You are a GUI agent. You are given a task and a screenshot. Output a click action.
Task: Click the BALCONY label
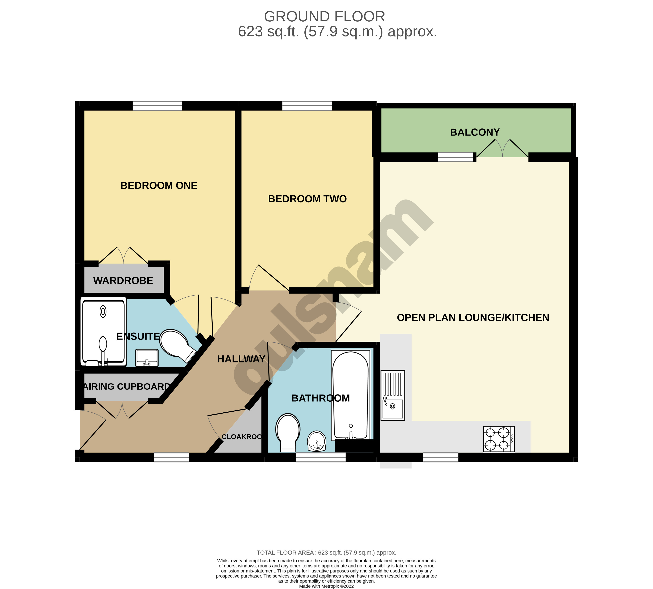click(x=475, y=132)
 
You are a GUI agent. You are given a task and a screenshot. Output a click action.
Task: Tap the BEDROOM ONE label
click(x=159, y=185)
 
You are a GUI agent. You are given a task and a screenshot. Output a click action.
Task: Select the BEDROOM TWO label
click(x=307, y=199)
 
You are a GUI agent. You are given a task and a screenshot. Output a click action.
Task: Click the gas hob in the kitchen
click(x=498, y=439)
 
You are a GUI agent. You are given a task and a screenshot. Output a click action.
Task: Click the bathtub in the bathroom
click(x=350, y=395)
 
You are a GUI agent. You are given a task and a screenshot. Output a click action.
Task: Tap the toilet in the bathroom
click(x=287, y=432)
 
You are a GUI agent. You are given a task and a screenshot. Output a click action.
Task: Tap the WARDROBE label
click(x=123, y=281)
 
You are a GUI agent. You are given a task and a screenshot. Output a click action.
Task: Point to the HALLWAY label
click(x=241, y=359)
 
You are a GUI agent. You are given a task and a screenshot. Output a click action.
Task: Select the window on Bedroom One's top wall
click(x=157, y=106)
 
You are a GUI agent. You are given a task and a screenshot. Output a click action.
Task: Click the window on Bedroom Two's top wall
click(x=307, y=106)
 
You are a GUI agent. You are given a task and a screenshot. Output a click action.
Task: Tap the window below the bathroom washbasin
click(x=320, y=457)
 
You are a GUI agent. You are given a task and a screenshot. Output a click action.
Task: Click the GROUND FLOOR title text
click(x=324, y=17)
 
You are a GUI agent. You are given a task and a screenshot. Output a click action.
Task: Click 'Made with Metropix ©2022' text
click(x=326, y=586)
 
